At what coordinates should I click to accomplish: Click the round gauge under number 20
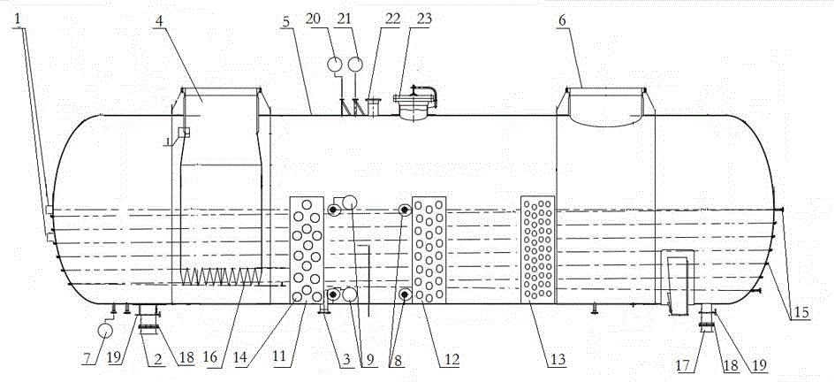tap(335, 64)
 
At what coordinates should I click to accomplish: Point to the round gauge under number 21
tap(355, 64)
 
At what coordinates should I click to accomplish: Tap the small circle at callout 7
tap(104, 330)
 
